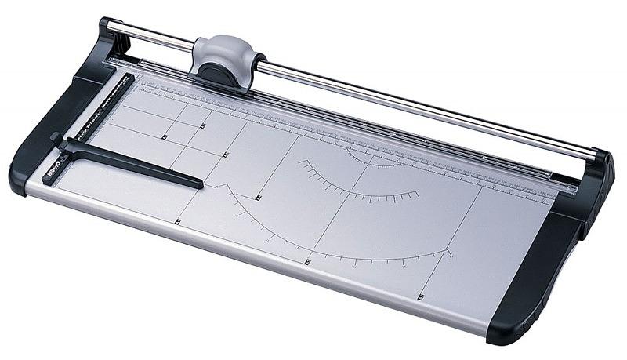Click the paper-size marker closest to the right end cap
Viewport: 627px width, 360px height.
[x=421, y=297]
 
